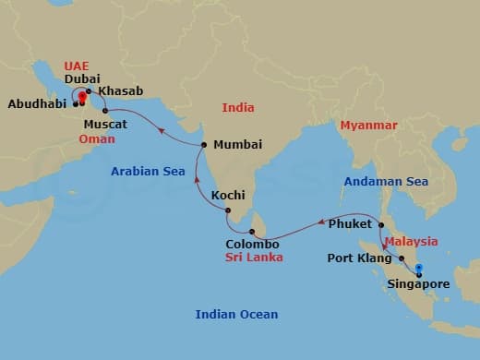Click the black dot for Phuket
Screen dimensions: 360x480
tap(381, 224)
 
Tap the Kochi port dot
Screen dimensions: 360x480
tap(227, 210)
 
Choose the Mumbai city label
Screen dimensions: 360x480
tap(237, 145)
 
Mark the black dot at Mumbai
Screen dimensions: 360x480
tap(204, 145)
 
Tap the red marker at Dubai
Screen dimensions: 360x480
tap(81, 96)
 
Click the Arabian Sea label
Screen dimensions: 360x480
tap(143, 171)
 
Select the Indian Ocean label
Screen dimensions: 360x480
tap(236, 315)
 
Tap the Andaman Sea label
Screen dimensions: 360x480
tap(386, 182)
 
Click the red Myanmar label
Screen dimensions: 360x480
tap(368, 125)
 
